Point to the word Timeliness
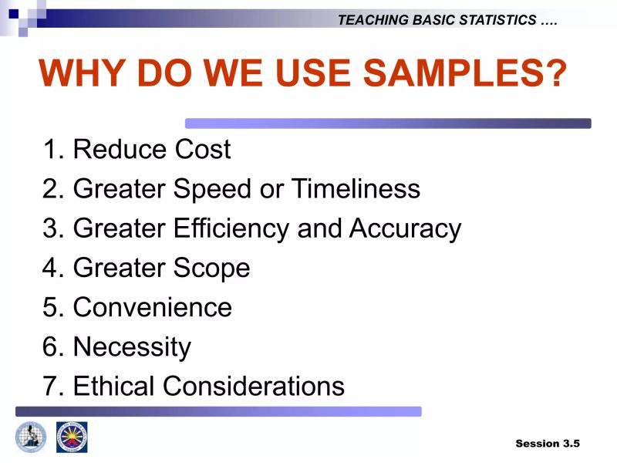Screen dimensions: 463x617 [356, 188]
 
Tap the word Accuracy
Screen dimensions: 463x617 [405, 228]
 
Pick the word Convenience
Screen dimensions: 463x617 [152, 307]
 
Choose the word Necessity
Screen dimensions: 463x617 [131, 346]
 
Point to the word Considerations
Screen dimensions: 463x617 [254, 385]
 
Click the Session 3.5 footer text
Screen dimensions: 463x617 [547, 443]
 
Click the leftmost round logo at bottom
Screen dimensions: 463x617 [31, 437]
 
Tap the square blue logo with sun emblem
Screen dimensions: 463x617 [72, 437]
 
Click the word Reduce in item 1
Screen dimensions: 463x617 [119, 149]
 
